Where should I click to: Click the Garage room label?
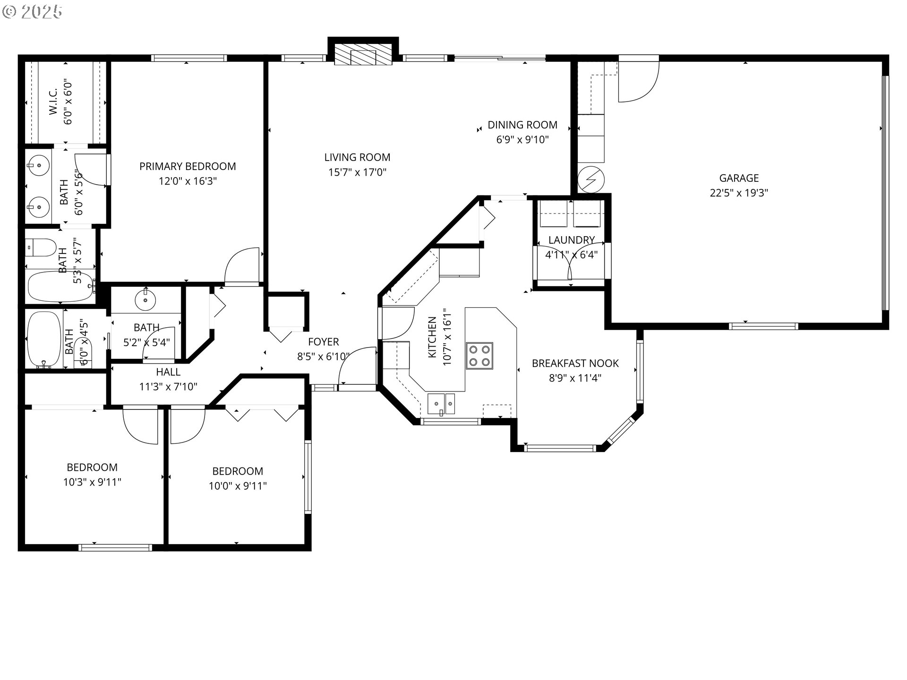(739, 178)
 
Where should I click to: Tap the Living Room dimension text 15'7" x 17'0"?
(358, 172)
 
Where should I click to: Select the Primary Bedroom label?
(188, 166)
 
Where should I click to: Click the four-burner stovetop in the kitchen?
(479, 356)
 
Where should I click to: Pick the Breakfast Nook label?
(575, 363)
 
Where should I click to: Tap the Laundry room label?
(572, 240)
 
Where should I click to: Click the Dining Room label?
(522, 125)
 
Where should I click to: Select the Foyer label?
(324, 341)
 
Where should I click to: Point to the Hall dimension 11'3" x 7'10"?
(168, 387)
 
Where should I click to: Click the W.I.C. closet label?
(53, 101)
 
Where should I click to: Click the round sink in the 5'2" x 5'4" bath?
(145, 298)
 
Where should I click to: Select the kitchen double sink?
(441, 404)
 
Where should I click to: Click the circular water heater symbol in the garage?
(591, 179)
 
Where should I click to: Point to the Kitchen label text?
(432, 337)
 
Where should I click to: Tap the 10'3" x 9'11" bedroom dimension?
(92, 482)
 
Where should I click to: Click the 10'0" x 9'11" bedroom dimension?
(238, 486)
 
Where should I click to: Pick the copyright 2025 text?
(32, 12)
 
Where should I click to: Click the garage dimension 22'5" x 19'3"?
(739, 193)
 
